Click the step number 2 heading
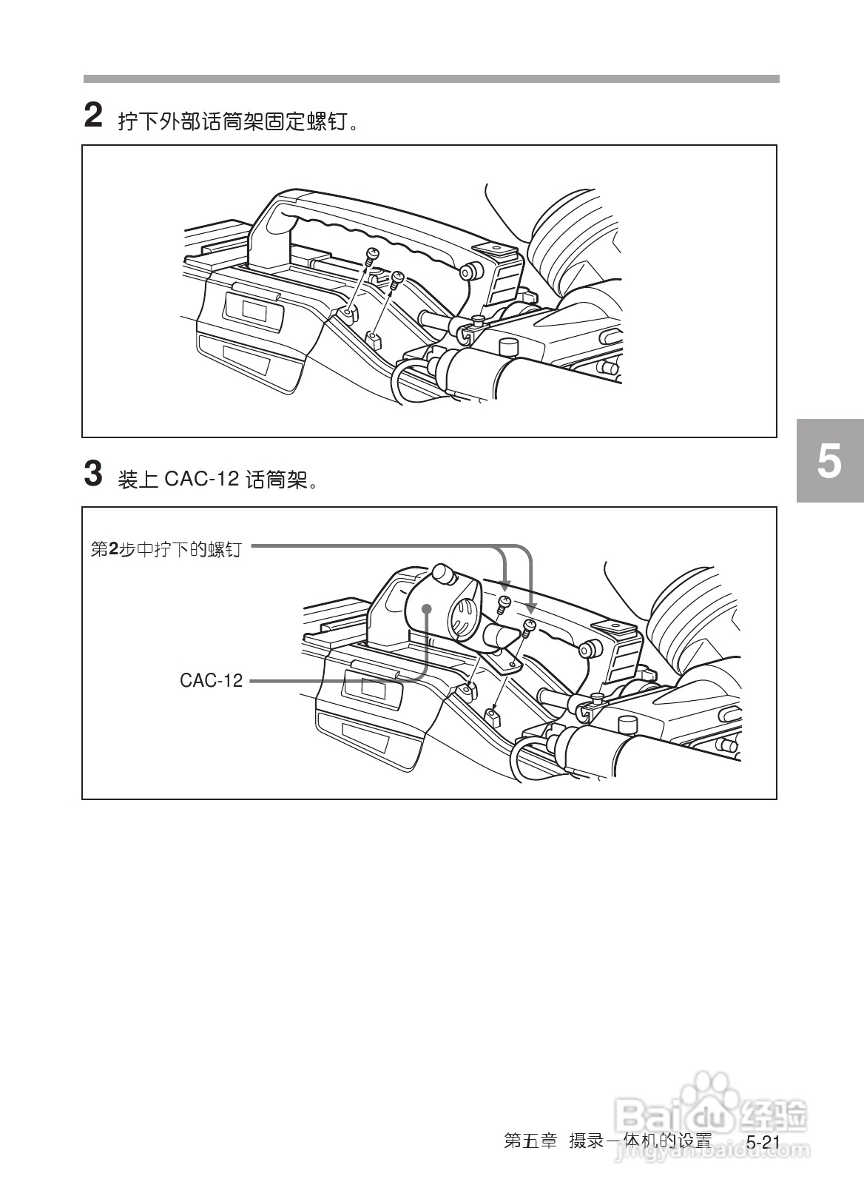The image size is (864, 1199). pyautogui.click(x=92, y=116)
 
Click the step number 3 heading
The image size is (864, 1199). pyautogui.click(x=92, y=474)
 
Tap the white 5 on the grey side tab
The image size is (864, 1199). pyautogui.click(x=829, y=460)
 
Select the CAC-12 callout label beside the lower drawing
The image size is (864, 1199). pyautogui.click(x=211, y=681)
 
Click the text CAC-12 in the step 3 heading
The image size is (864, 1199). pyautogui.click(x=200, y=480)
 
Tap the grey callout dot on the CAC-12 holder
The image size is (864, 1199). pyautogui.click(x=427, y=609)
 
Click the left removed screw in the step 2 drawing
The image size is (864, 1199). pyautogui.click(x=372, y=255)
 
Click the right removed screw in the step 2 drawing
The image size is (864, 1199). pyautogui.click(x=398, y=278)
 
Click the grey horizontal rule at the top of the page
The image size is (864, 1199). pyautogui.click(x=431, y=78)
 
